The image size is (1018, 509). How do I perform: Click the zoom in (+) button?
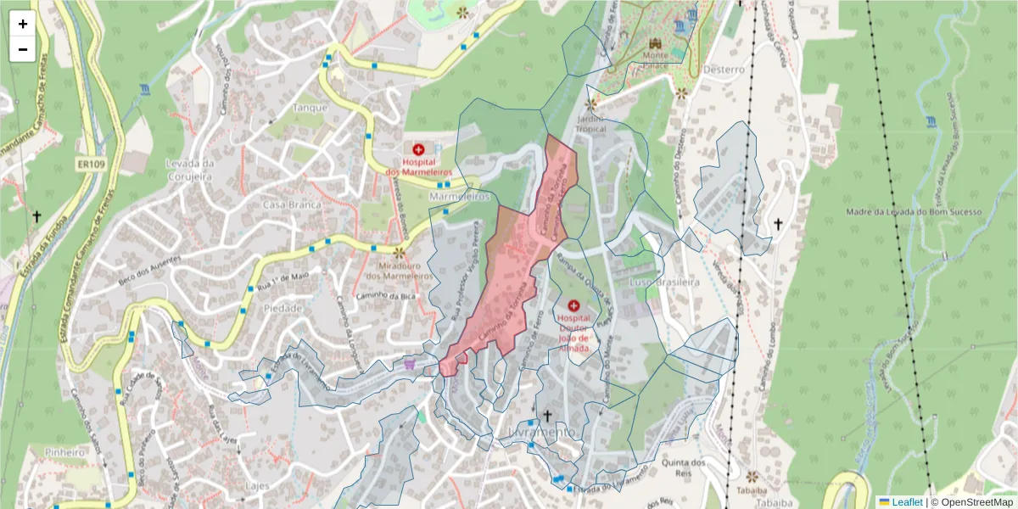point(23,24)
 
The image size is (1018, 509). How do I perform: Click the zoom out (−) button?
point(23,49)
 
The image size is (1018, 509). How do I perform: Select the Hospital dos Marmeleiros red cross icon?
point(418,149)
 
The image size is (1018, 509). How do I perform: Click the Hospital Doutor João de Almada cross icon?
point(573,305)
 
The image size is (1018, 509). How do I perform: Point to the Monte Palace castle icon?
point(654,43)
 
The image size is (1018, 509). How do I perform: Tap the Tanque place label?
point(310,108)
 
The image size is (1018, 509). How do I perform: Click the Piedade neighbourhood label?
point(282,308)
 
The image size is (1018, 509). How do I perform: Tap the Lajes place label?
point(256,486)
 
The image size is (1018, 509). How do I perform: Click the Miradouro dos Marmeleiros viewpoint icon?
point(399,252)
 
